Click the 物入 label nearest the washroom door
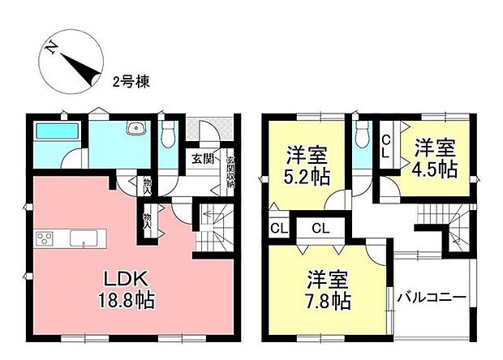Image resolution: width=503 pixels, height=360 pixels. click(x=147, y=186)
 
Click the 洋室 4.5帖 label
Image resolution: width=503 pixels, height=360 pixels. click(x=436, y=158)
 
